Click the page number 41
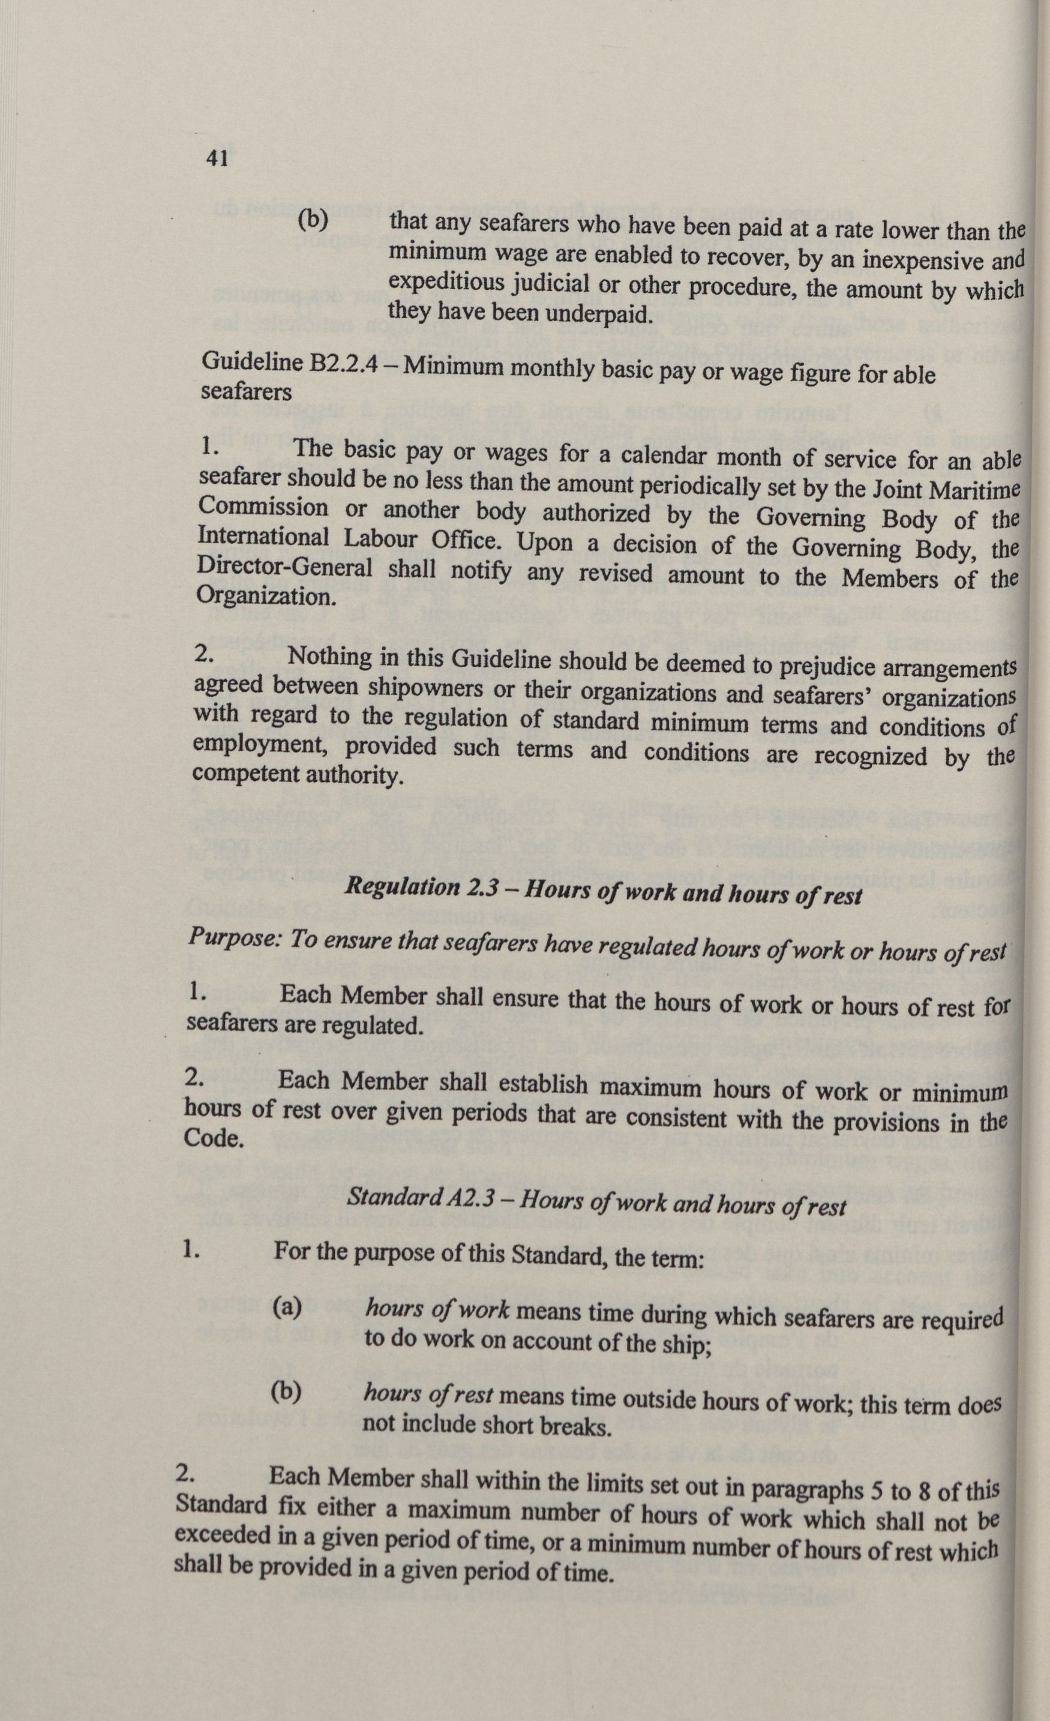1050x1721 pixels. (217, 159)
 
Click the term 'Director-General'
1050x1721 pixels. (285, 566)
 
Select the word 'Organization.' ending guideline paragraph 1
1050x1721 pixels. (263, 596)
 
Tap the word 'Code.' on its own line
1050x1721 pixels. (214, 1138)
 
